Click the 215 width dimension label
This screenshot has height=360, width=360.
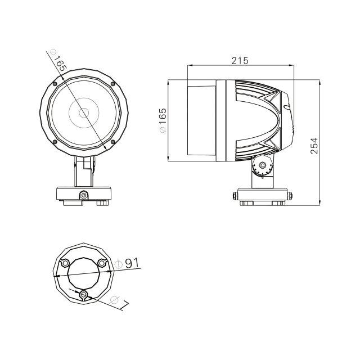[x=240, y=61]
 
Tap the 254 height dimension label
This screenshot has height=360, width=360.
[x=314, y=146]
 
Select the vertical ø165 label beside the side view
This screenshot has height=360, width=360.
[x=163, y=120]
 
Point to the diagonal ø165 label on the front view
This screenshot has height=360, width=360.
[x=58, y=60]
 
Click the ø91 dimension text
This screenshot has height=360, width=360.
[x=127, y=263]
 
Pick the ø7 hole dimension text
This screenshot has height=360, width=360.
[x=119, y=303]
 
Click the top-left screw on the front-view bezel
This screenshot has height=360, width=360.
[x=55, y=84]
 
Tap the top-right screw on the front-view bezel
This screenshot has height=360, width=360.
[x=112, y=84]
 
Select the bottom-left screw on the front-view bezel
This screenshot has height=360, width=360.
[x=55, y=142]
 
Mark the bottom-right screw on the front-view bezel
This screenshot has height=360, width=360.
[x=112, y=142]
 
